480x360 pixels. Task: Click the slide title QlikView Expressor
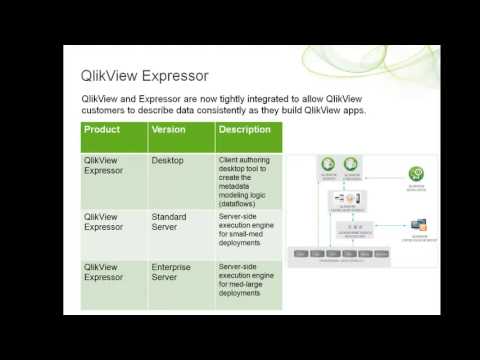[x=145, y=76]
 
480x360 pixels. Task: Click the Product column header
[x=102, y=130]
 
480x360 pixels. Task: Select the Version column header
[x=169, y=130]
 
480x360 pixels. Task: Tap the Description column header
[x=244, y=130]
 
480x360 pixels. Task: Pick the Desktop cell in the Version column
[x=168, y=159]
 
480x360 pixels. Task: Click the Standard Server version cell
[x=170, y=221]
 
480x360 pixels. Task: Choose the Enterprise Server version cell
[x=172, y=273]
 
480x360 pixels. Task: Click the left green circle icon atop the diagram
[x=326, y=164]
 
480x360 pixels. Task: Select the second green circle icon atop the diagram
[x=351, y=164]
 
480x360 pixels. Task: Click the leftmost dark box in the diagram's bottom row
[x=298, y=255]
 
